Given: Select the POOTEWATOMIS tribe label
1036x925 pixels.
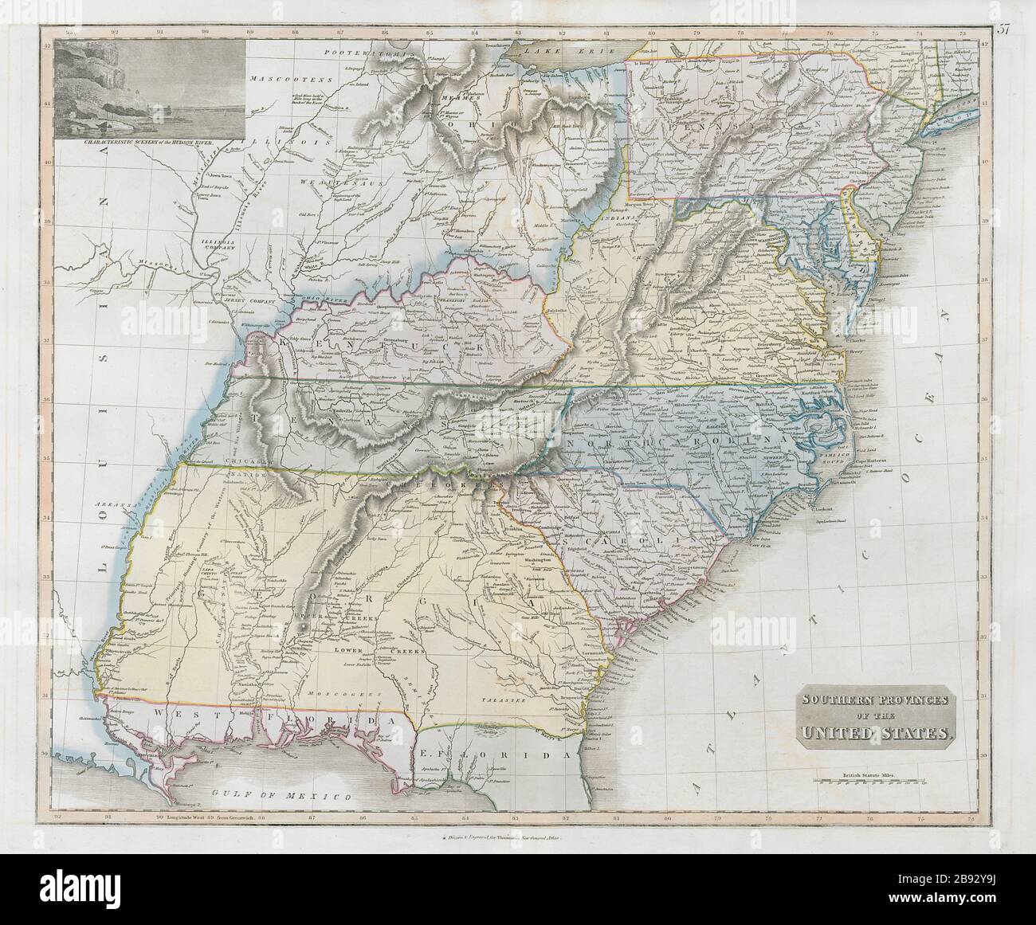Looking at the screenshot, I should point(366,53).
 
